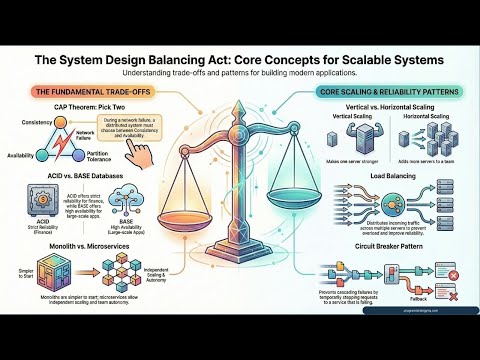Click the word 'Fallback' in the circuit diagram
coord(446,298)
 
